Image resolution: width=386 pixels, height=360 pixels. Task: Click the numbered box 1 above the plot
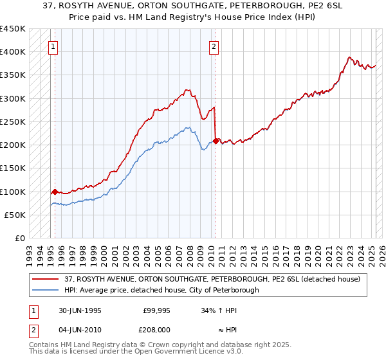click(x=52, y=46)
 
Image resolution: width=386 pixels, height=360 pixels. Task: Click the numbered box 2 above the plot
click(x=214, y=46)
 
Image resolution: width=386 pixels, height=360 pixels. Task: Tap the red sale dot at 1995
click(x=55, y=192)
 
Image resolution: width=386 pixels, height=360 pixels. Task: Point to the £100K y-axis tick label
click(x=13, y=192)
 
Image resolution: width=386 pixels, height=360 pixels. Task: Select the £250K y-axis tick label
click(x=13, y=122)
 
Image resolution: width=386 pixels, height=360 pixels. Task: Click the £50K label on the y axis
click(x=15, y=215)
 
